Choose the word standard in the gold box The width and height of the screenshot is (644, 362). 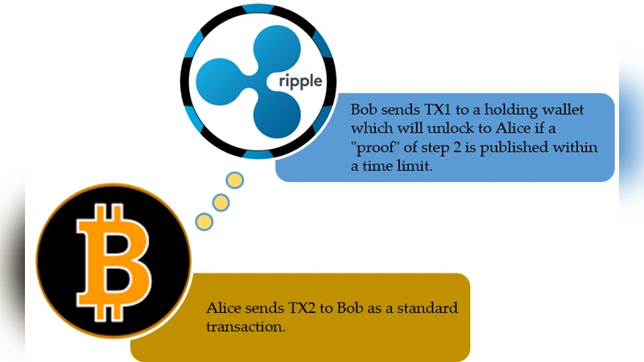click(427, 309)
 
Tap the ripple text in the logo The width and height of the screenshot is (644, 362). click(300, 83)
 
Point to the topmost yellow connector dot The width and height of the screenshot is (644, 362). click(234, 180)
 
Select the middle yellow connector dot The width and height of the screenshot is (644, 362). click(220, 200)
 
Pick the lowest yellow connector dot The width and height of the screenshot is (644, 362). click(204, 220)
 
